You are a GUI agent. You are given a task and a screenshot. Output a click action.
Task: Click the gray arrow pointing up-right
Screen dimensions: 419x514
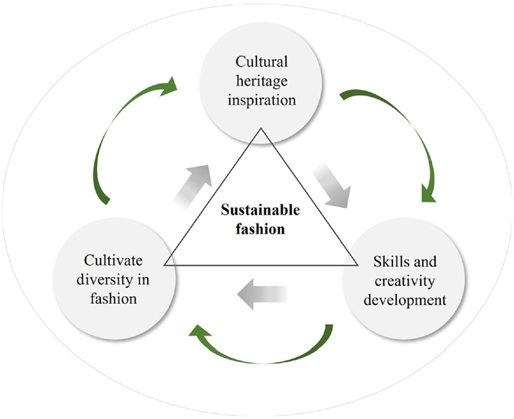click(193, 183)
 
